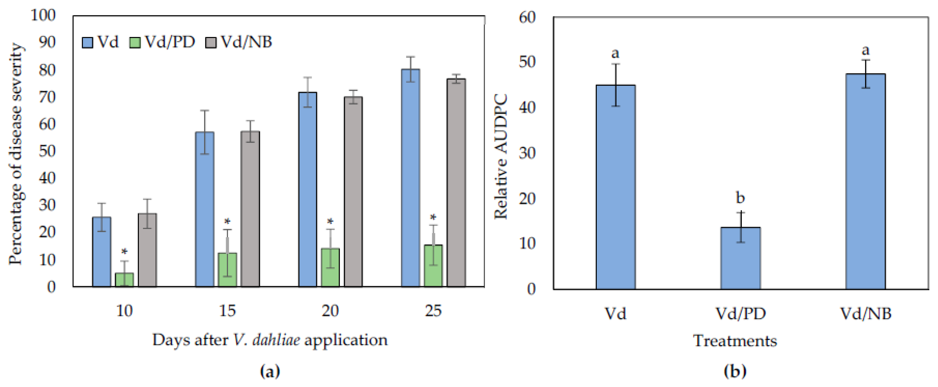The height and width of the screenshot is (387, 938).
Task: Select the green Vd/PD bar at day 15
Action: pos(227,270)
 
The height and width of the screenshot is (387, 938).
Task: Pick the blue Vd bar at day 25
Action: pos(410,178)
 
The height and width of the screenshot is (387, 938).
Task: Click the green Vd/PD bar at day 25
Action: pos(433,266)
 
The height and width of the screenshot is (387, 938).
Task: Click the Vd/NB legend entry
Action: pos(239,42)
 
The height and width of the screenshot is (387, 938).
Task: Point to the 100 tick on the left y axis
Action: pos(43,15)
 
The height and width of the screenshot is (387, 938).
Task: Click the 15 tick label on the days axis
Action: pos(227,311)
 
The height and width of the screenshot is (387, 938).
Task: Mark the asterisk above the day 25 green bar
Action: pos(433,218)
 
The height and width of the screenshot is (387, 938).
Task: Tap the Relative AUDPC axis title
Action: pos(501,156)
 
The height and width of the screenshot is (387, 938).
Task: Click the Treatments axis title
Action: pos(735,341)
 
